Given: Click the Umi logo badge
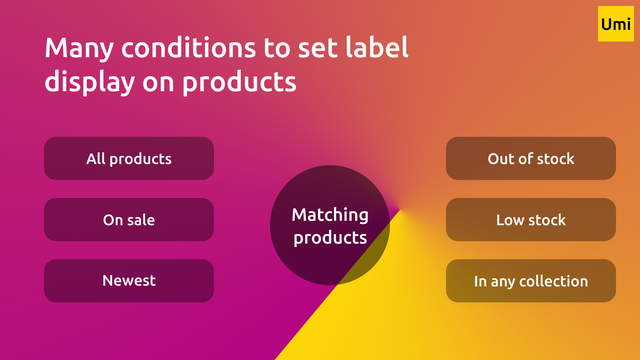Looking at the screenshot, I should tap(614, 24).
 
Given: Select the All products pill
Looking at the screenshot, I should tap(129, 158).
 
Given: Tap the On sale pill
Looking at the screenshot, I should tap(129, 220).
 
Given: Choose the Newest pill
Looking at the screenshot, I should tap(129, 281).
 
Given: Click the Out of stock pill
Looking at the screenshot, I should tap(530, 158).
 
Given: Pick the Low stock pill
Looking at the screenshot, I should tap(530, 220).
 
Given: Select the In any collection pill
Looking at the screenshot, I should tap(530, 281).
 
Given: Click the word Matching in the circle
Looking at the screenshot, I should tap(330, 215).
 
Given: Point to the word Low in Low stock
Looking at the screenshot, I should tap(510, 220).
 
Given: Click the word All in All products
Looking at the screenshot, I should tap(96, 158).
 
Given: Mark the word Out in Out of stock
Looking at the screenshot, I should tap(501, 158).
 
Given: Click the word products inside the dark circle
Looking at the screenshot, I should tap(330, 238).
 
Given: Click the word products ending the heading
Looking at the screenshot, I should tap(241, 82).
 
